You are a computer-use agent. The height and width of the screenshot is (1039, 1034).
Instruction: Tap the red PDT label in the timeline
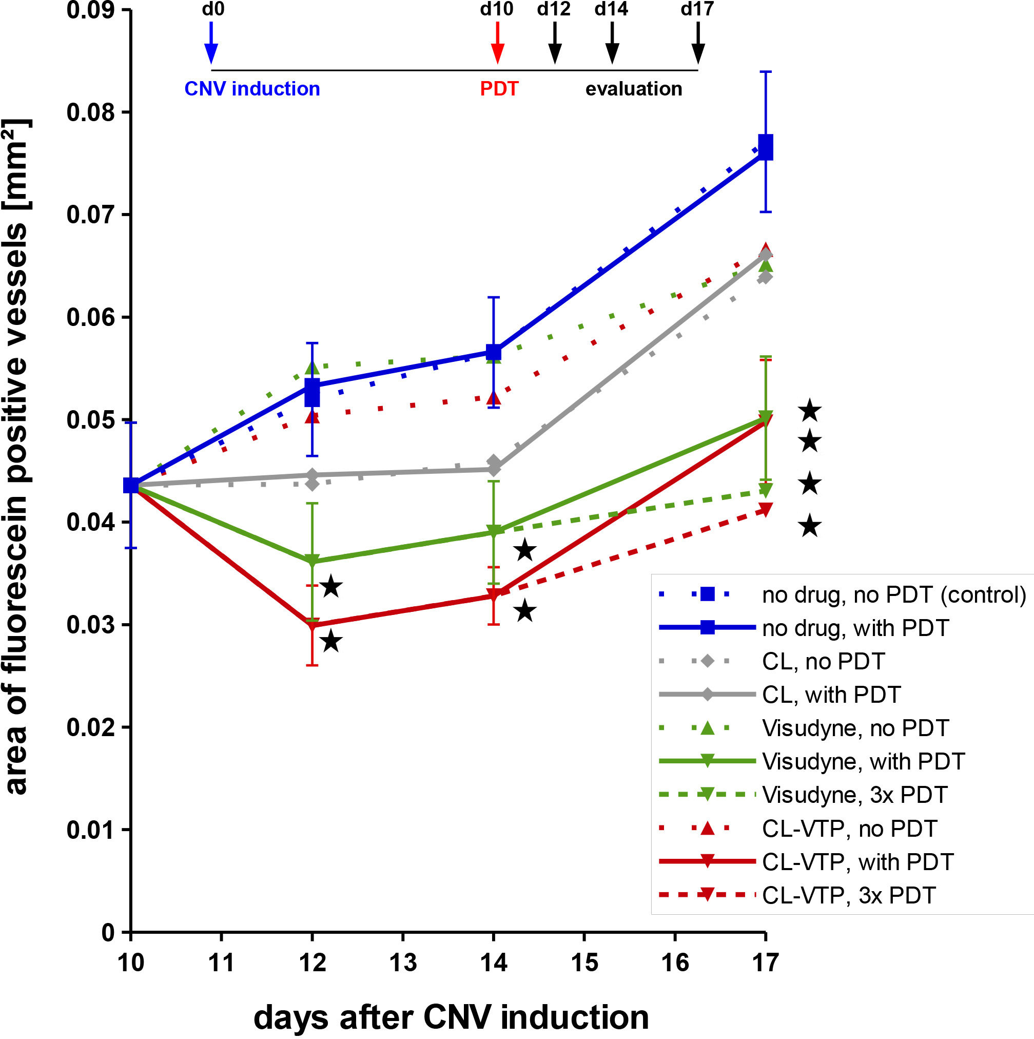(499, 89)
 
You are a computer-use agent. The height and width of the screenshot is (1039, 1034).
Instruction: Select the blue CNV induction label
(252, 89)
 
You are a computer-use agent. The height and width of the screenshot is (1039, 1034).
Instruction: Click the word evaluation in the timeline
(633, 89)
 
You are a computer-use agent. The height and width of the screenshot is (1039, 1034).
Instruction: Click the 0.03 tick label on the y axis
(91, 625)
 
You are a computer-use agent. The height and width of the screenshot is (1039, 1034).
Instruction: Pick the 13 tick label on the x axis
(403, 963)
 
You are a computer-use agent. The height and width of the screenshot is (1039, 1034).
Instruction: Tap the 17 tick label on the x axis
(765, 963)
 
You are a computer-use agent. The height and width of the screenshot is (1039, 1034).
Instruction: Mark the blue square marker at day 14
(494, 352)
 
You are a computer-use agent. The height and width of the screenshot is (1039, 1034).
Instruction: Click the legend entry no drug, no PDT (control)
(894, 594)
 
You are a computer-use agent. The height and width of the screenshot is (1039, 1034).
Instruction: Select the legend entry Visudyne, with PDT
(864, 761)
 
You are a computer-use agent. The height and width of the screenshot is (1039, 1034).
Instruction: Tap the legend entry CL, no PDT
(823, 662)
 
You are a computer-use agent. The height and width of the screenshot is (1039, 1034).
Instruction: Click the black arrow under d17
(698, 43)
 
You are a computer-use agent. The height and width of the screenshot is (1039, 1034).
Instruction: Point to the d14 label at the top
(611, 9)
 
